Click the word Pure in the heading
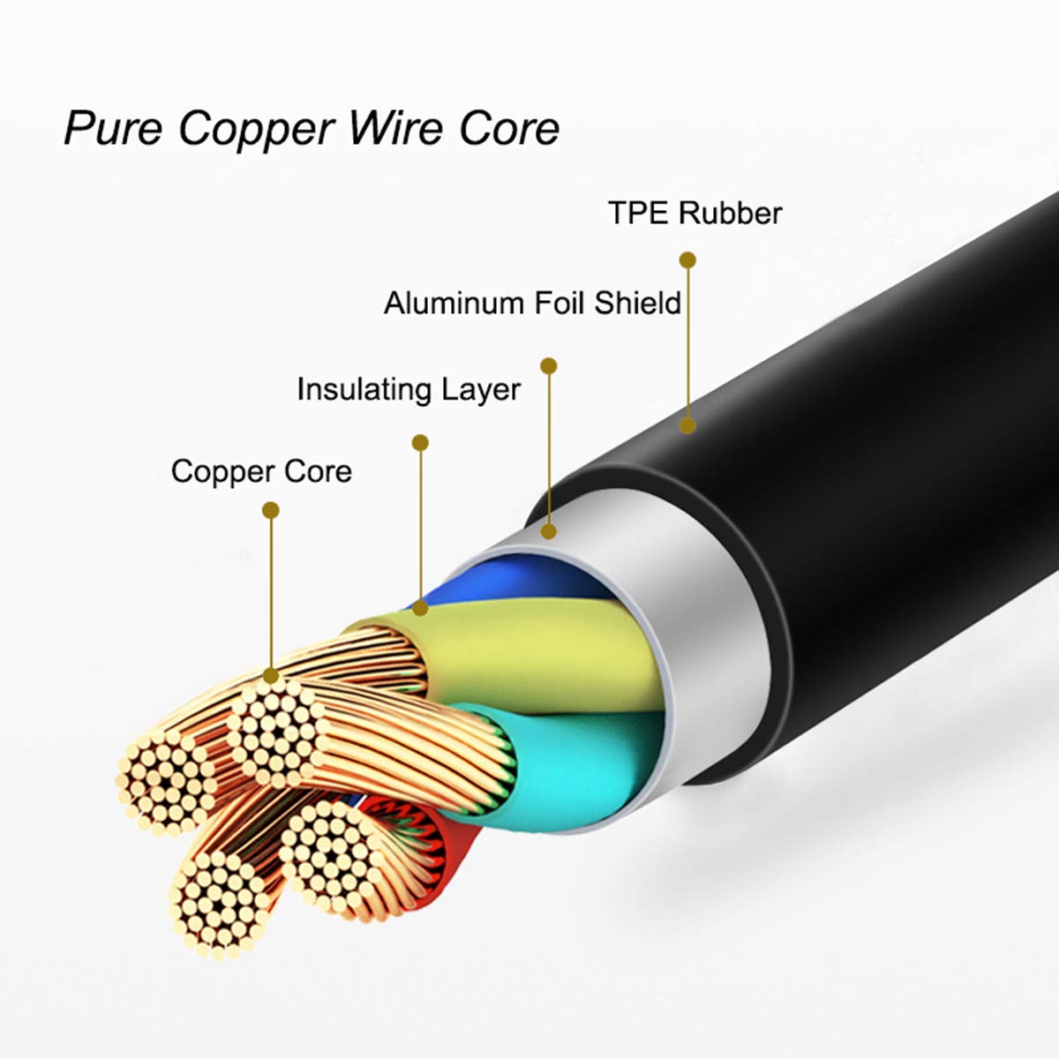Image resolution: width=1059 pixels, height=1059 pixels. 113,129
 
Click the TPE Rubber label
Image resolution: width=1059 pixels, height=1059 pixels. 695,213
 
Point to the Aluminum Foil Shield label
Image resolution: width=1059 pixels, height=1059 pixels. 532,303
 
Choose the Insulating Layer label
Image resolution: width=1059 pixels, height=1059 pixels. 409,391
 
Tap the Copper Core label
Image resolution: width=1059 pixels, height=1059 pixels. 261,472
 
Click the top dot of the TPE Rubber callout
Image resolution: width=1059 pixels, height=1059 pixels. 687,260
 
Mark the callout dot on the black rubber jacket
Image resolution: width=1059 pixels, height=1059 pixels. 687,425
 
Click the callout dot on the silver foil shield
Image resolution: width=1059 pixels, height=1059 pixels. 548,531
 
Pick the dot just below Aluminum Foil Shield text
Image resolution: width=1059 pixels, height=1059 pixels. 548,366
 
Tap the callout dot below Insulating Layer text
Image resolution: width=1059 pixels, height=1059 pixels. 420,442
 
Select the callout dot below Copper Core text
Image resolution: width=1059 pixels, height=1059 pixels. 270,510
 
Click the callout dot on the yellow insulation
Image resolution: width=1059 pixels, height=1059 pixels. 420,608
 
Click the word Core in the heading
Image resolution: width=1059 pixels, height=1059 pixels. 509,129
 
